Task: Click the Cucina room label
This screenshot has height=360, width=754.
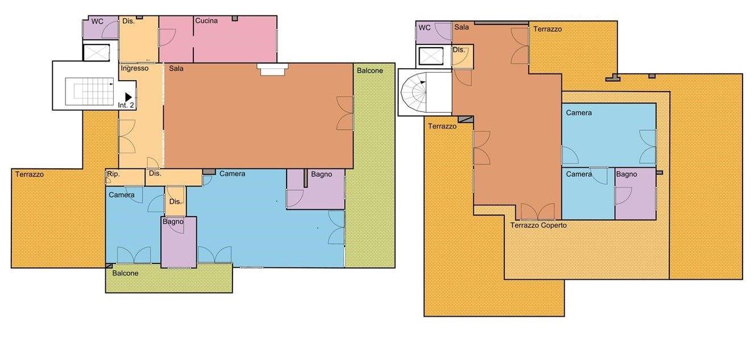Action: click(x=206, y=21)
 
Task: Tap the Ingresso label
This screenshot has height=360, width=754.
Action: click(x=135, y=68)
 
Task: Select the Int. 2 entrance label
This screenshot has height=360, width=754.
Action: click(x=126, y=105)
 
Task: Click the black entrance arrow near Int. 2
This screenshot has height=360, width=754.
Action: click(x=129, y=97)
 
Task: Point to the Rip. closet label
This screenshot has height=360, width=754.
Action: click(x=113, y=175)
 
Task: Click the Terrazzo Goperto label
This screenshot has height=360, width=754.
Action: click(x=538, y=225)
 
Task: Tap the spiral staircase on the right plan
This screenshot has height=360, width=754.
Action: click(x=413, y=91)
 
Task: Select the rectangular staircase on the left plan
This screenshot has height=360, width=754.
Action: click(x=90, y=91)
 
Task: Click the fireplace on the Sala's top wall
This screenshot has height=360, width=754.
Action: click(x=272, y=69)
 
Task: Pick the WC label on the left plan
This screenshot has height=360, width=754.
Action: click(x=97, y=22)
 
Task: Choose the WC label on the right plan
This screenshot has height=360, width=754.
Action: click(x=424, y=28)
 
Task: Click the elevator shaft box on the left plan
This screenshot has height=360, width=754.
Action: click(x=96, y=52)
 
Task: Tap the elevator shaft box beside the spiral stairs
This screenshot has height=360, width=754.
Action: click(x=430, y=56)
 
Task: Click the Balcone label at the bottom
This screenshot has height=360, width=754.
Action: click(x=125, y=274)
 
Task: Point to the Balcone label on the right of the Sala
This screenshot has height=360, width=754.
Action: click(x=370, y=71)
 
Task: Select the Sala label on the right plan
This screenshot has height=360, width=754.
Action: click(x=462, y=27)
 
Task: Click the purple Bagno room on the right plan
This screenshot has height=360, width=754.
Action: click(x=636, y=194)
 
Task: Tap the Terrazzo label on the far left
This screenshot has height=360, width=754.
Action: click(x=30, y=175)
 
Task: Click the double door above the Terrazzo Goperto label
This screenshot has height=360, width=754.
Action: click(x=537, y=212)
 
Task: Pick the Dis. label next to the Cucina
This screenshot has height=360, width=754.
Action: click(x=129, y=21)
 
